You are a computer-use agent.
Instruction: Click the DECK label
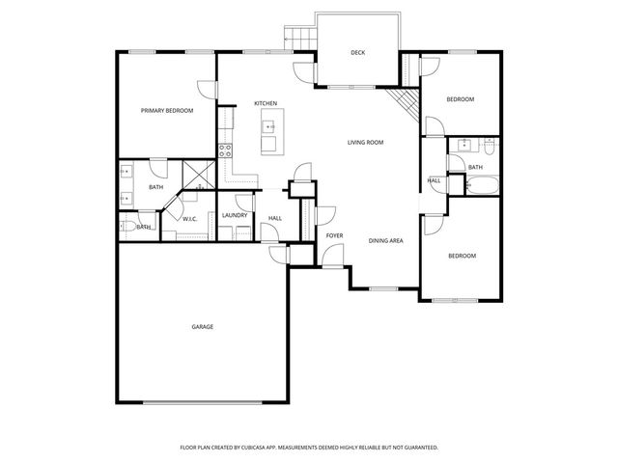[357, 53]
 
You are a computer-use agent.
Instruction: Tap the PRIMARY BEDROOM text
[167, 111]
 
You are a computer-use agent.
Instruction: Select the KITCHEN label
[266, 103]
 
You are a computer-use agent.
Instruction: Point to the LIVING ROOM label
[366, 142]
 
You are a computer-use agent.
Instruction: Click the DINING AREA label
[385, 239]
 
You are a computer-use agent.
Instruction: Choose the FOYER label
[334, 235]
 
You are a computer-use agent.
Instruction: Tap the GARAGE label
[202, 327]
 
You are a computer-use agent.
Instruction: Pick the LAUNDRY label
[235, 216]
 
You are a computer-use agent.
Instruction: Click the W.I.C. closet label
[191, 219]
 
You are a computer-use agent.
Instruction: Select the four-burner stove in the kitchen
[225, 150]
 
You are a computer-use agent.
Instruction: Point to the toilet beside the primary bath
[128, 227]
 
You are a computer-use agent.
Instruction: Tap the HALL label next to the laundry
[275, 218]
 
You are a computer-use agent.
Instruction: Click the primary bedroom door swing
[208, 90]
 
